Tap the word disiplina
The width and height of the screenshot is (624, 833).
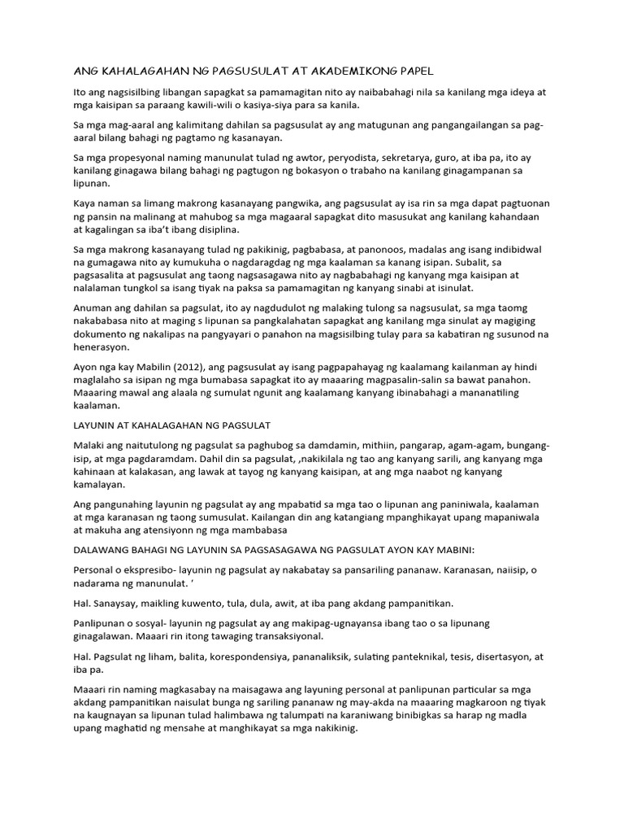245,232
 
